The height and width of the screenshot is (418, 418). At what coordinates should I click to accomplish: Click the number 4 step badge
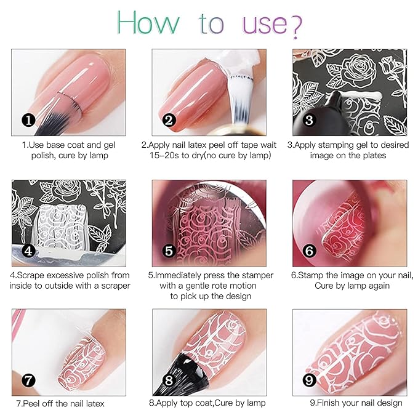pos(27,251)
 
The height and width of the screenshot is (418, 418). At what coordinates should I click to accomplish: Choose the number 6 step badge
pos(310,251)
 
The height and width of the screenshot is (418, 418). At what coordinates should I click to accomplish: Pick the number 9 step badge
pos(309,380)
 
